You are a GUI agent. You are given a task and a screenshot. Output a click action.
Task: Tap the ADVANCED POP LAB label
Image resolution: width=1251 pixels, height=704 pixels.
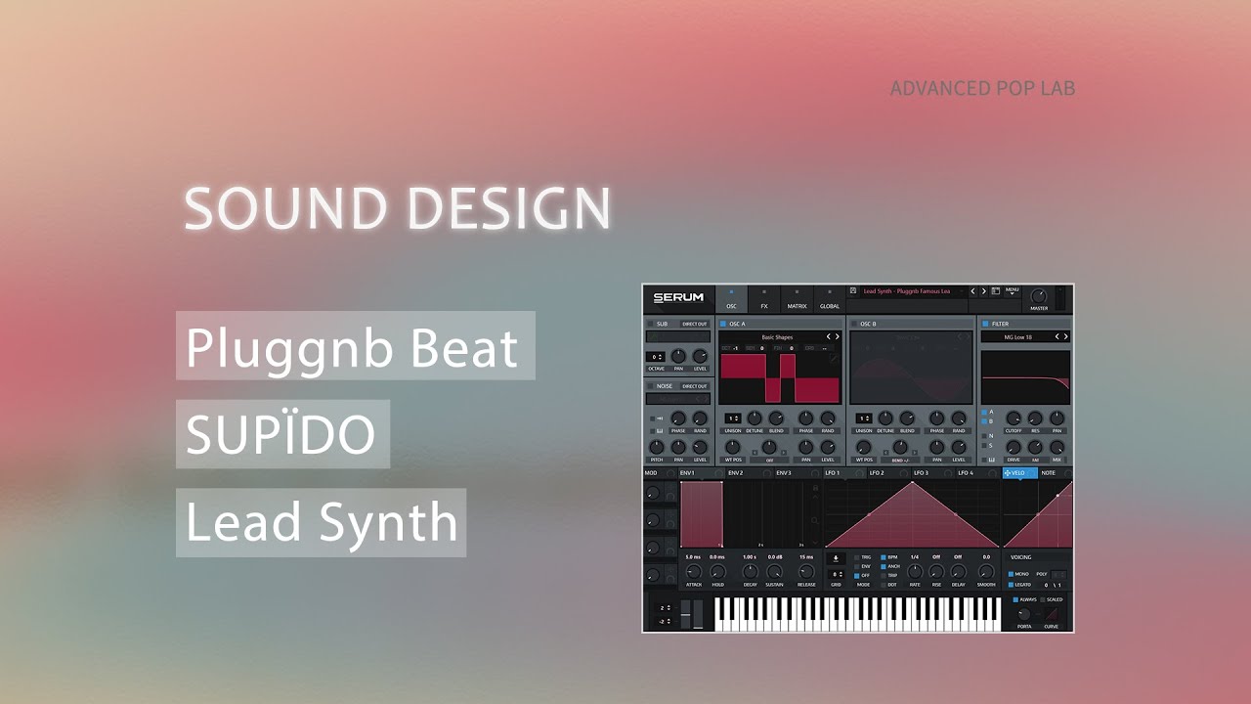pos(982,88)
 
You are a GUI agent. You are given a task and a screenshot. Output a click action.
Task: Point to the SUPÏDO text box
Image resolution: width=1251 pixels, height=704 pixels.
pos(281,434)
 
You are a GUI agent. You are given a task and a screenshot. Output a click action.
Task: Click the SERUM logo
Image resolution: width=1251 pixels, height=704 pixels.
pos(678,298)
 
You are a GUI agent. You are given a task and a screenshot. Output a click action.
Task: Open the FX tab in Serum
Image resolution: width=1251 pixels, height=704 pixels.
pos(764,298)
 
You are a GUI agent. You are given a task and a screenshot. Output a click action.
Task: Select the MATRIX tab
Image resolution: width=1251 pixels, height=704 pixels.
pos(797,298)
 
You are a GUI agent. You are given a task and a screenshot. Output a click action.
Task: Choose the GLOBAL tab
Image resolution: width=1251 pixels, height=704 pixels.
pos(829,298)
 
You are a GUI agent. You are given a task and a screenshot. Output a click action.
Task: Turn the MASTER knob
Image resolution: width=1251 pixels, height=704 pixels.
pos(1038,295)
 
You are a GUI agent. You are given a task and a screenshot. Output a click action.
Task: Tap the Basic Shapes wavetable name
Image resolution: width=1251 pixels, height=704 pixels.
pos(777,336)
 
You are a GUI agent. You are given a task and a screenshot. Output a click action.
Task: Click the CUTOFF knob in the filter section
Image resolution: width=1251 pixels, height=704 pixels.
pos(1014,418)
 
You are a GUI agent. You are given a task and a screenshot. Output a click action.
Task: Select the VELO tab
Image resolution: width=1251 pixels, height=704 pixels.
pos(1019,473)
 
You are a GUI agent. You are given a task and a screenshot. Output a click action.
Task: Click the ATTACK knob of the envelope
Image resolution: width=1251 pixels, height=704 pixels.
pos(694,572)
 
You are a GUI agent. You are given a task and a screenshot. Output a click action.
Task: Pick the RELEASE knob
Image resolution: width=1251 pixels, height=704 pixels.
pos(805,572)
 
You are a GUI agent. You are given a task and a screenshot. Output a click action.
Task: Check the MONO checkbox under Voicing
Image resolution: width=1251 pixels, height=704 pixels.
pos(1013,574)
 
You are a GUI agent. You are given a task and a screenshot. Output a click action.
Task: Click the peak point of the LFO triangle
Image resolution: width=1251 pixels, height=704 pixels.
pos(913,482)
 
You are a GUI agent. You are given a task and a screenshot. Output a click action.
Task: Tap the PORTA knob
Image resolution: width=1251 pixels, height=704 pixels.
pos(1023,615)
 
